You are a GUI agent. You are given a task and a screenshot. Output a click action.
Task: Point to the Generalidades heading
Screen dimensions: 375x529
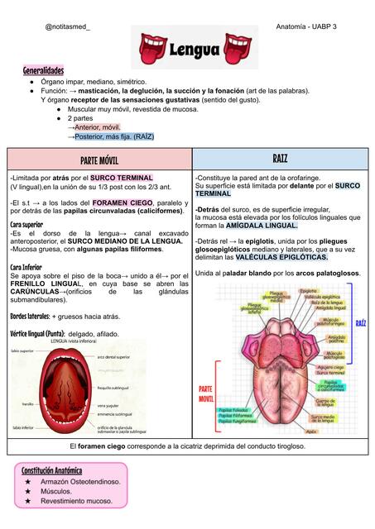pos(43,72)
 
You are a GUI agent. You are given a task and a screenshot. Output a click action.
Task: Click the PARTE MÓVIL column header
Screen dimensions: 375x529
pos(99,160)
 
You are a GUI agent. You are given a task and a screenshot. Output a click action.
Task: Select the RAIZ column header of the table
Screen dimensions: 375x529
pos(280,158)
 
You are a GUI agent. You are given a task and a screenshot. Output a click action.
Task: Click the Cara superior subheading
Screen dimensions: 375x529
pos(26,224)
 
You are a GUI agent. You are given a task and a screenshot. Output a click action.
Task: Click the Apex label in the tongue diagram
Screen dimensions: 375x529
pos(312,431)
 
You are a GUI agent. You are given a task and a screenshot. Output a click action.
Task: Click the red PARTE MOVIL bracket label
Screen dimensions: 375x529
pos(205,393)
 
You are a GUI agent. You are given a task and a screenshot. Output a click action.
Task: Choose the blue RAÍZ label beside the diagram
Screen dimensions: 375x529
pos(360,323)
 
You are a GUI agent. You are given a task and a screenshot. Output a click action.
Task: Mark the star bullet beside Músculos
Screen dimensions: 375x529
pos(28,491)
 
